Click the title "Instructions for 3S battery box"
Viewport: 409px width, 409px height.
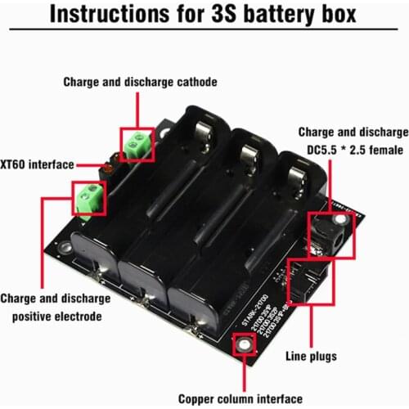(x=204, y=17)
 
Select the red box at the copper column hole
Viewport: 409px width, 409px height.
(x=243, y=347)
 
